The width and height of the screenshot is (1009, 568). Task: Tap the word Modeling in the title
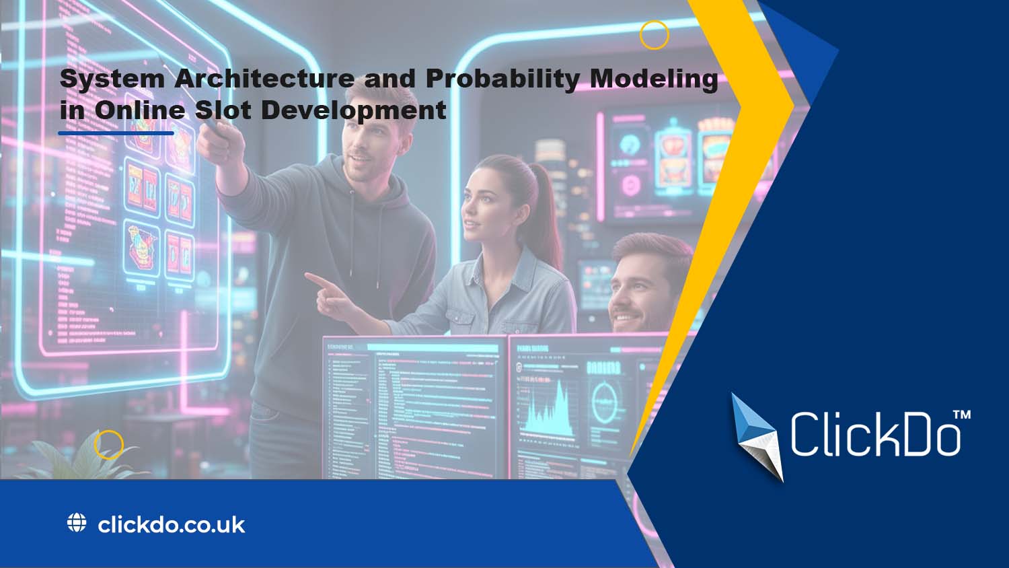click(654, 79)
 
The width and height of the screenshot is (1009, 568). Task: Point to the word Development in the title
click(354, 110)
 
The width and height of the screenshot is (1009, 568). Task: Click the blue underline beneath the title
click(116, 133)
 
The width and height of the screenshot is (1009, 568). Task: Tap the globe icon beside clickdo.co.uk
click(77, 523)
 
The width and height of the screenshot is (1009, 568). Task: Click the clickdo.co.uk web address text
click(172, 524)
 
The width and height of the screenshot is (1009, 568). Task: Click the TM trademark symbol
click(962, 415)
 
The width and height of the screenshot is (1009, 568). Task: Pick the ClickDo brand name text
click(874, 435)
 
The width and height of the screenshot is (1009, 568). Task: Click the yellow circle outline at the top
click(654, 35)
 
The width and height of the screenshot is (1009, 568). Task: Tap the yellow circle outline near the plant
click(108, 445)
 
